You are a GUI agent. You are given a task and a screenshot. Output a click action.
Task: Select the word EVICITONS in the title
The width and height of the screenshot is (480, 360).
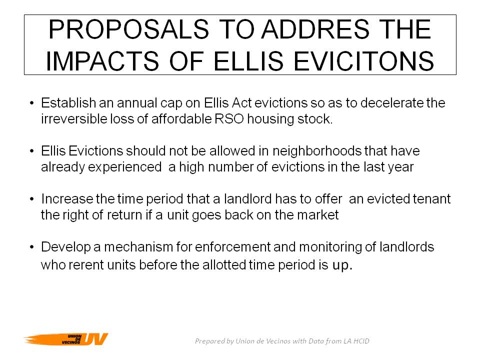pos(363,61)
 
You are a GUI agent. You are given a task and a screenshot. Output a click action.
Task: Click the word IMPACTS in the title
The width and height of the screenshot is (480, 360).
pos(102,61)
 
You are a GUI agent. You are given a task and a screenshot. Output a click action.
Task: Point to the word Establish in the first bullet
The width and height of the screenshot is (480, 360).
pos(68,103)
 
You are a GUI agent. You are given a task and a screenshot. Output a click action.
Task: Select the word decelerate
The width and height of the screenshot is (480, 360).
pos(393,103)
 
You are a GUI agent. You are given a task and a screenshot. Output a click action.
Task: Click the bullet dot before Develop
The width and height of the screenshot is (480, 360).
pos(32,247)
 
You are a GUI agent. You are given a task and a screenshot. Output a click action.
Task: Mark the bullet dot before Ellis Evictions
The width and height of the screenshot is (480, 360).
pos(32,151)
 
